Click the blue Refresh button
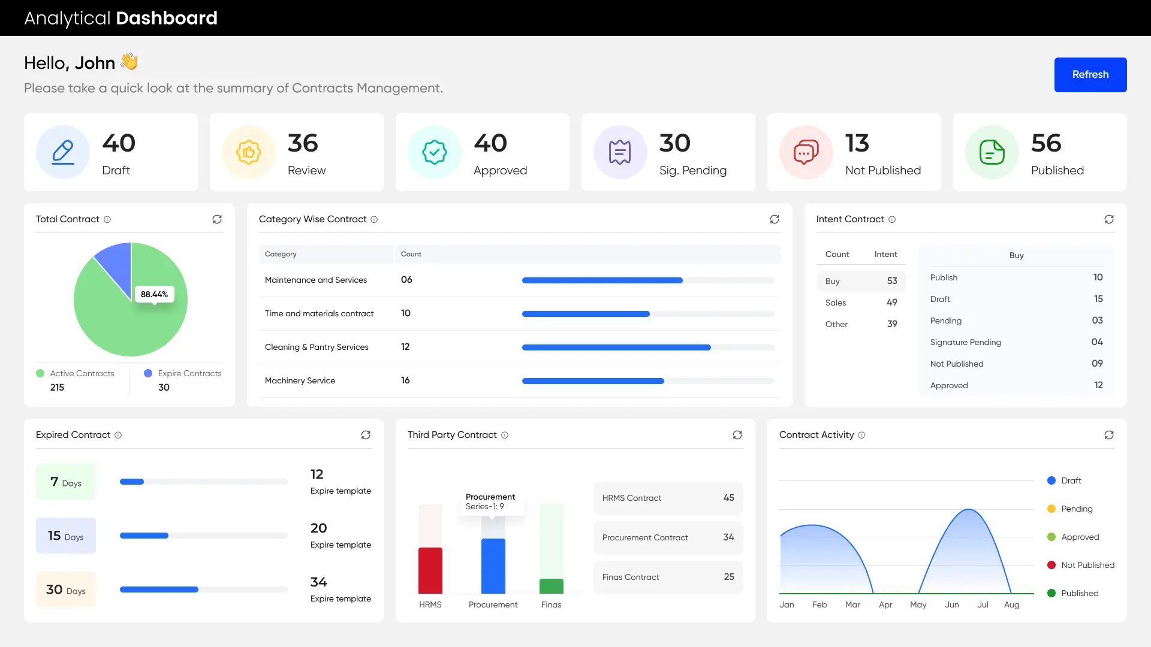click(1090, 75)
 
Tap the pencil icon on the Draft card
click(63, 152)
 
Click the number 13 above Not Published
click(857, 143)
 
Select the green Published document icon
click(992, 152)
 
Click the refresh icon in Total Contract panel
click(217, 219)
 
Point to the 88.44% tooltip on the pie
click(154, 294)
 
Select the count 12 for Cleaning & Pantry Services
click(405, 347)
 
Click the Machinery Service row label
click(300, 380)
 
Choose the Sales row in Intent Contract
click(861, 303)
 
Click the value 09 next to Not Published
click(1097, 364)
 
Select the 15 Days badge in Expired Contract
click(66, 536)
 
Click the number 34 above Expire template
click(318, 582)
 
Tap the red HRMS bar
click(430, 570)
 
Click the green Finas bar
click(551, 586)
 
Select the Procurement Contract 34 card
click(668, 537)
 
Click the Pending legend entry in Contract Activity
click(1077, 509)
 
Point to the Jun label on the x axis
click(951, 604)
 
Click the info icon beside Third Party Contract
click(505, 435)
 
